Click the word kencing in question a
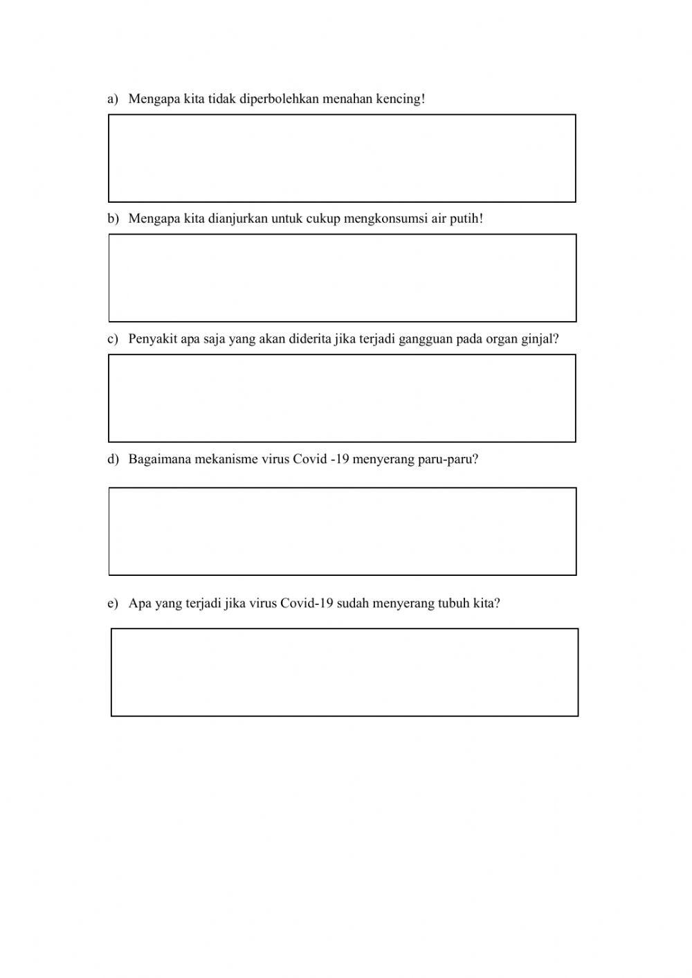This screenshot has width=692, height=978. (400, 99)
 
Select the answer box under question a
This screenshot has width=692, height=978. (342, 159)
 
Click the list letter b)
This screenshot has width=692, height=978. (113, 219)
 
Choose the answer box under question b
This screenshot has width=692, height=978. (342, 278)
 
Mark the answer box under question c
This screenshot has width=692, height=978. (342, 398)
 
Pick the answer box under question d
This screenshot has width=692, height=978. (342, 532)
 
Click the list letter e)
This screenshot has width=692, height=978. (113, 604)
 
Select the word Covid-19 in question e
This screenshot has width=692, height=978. (307, 603)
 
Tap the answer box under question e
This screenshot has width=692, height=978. (344, 672)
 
